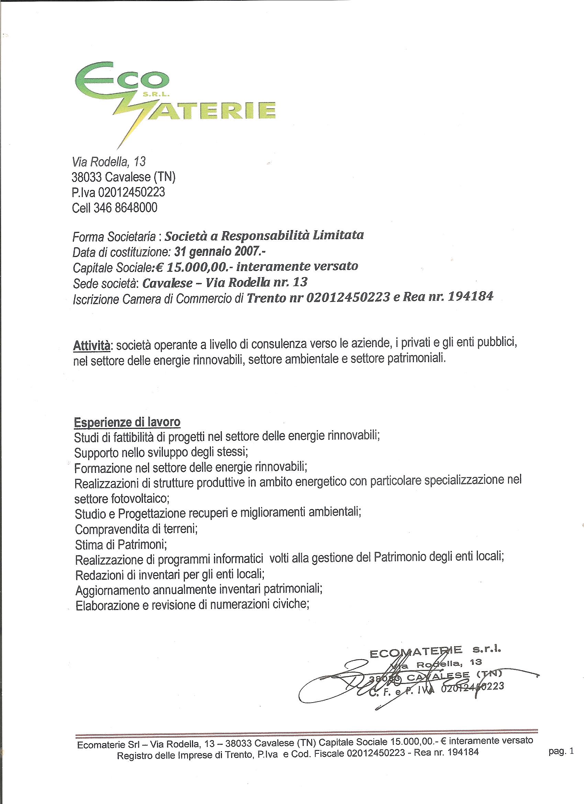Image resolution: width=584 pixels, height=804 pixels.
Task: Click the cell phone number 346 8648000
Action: tap(125, 208)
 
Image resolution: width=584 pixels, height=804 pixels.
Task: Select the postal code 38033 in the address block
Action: tap(87, 176)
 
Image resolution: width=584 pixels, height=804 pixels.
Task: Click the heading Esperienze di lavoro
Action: tap(127, 422)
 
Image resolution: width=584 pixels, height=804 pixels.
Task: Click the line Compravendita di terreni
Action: tap(136, 530)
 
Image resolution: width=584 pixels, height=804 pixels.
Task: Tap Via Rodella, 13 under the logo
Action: tap(109, 162)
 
